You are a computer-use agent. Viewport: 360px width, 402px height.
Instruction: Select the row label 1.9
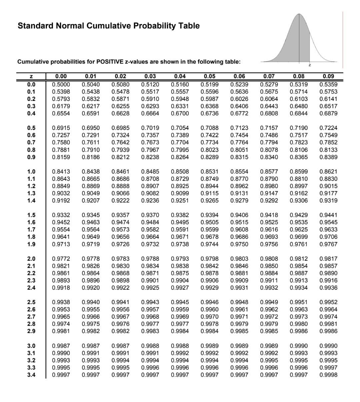tap(31, 244)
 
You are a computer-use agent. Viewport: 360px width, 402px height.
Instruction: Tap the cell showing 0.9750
tap(239, 244)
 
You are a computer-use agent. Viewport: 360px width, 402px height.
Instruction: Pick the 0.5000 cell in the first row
tap(61, 84)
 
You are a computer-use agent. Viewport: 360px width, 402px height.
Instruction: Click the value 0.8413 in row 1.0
tap(61, 172)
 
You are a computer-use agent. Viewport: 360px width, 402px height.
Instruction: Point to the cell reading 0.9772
tap(61, 258)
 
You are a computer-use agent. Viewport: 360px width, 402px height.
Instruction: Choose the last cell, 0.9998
tap(328, 375)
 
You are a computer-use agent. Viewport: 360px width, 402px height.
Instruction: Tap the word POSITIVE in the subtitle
tap(109, 62)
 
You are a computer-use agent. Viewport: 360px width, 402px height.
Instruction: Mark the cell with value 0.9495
tap(180, 222)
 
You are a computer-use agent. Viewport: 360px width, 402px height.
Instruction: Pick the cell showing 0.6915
tap(61, 128)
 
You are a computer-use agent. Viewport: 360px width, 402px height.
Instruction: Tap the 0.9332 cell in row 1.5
tap(61, 215)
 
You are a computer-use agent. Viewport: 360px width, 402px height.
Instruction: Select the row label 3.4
tap(31, 375)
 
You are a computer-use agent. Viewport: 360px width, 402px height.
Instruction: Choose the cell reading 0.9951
tap(299, 302)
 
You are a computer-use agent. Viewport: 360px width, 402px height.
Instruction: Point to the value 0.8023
tap(210, 150)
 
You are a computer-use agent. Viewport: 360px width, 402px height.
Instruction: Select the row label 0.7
tap(31, 143)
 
